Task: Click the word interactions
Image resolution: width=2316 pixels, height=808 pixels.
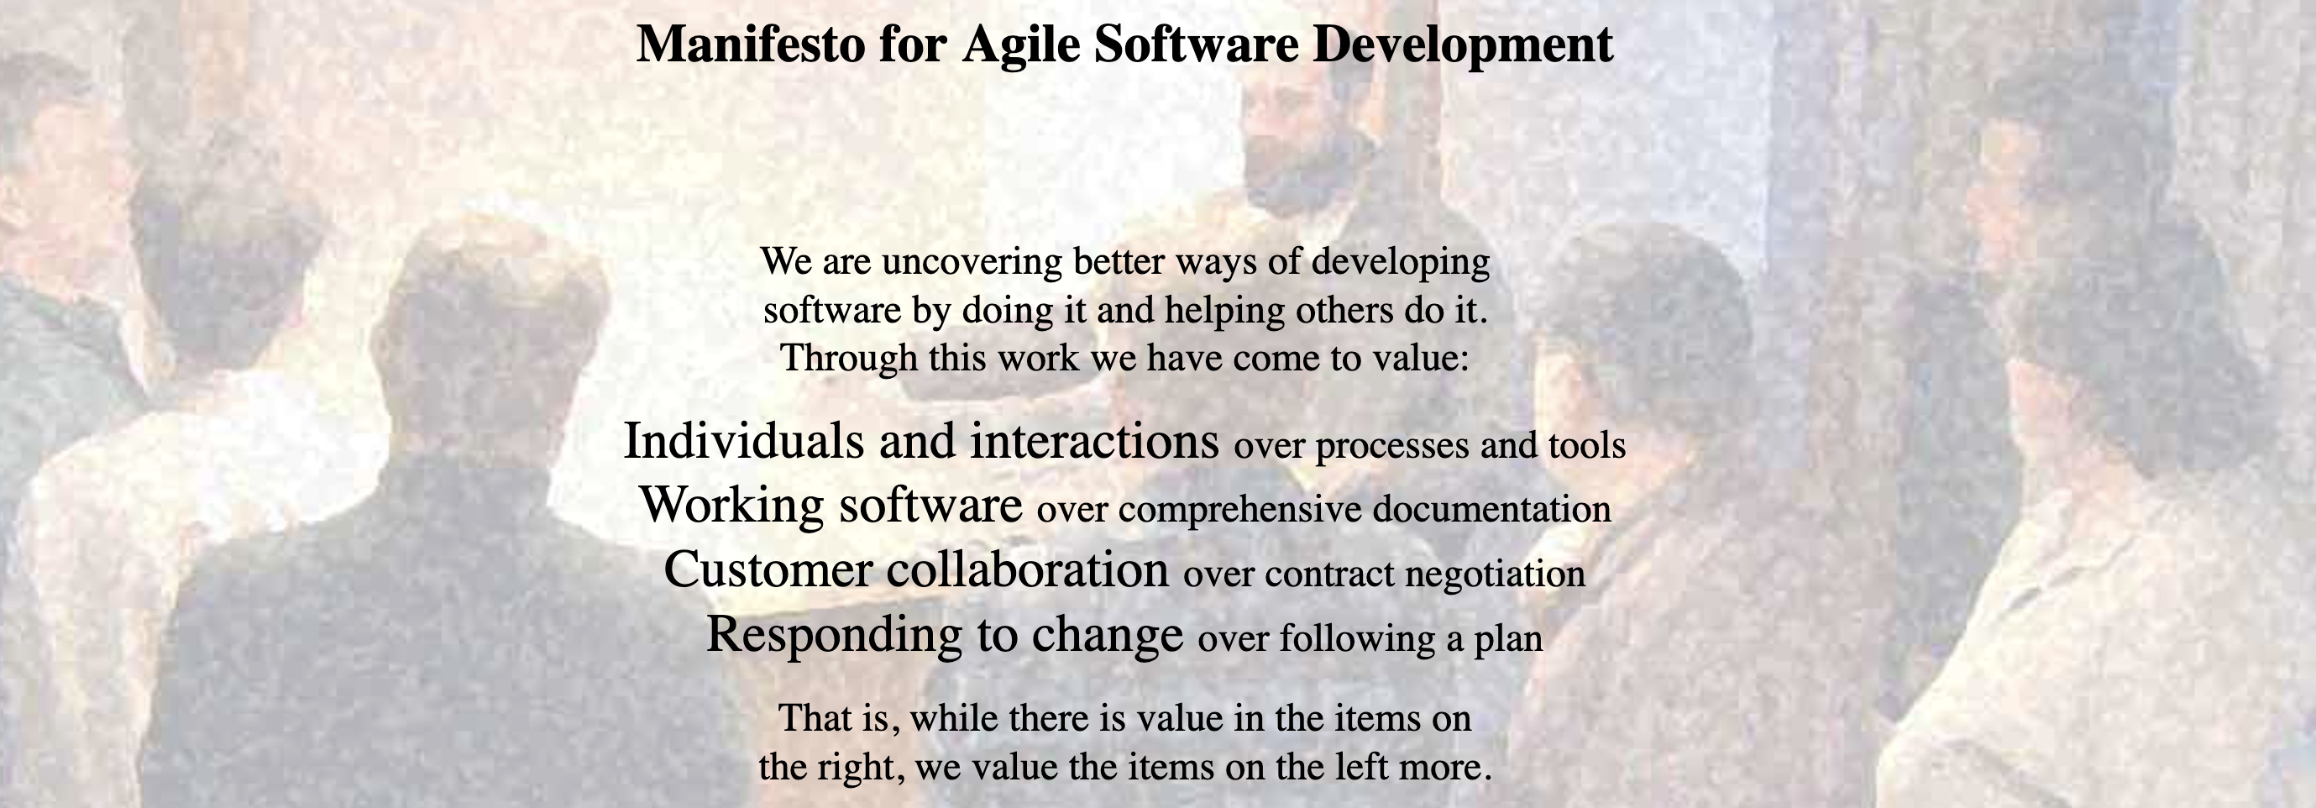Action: [x=1094, y=440]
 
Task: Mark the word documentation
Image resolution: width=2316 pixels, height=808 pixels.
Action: [x=1491, y=510]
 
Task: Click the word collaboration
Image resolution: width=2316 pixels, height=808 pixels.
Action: [x=1027, y=569]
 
